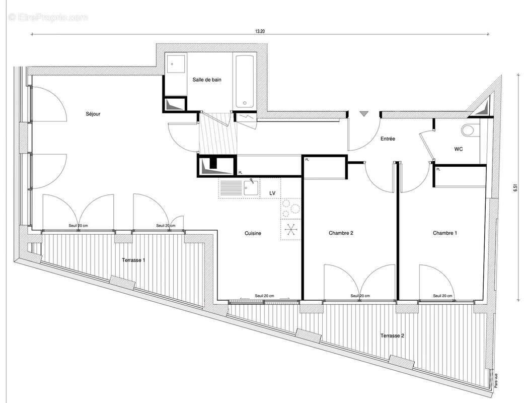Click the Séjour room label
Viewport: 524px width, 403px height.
point(93,114)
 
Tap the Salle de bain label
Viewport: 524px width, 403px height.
point(207,80)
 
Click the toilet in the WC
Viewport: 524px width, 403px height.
point(469,130)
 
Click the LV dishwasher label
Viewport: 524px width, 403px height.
point(272,193)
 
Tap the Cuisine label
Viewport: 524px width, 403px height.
point(253,233)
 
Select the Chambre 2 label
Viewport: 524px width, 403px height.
point(341,233)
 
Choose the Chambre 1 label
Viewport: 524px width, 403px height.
point(445,233)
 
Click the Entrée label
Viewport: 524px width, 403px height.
point(387,138)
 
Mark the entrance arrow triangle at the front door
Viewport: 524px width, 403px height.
point(363,114)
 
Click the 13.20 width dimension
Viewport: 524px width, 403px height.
point(260,31)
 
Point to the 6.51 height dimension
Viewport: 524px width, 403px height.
point(515,187)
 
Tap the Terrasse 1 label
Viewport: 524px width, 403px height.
point(134,260)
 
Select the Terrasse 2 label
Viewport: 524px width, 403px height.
point(392,335)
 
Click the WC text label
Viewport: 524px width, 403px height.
point(459,149)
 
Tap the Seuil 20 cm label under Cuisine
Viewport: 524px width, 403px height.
point(264,296)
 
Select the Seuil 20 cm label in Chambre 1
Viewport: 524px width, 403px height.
point(443,296)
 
